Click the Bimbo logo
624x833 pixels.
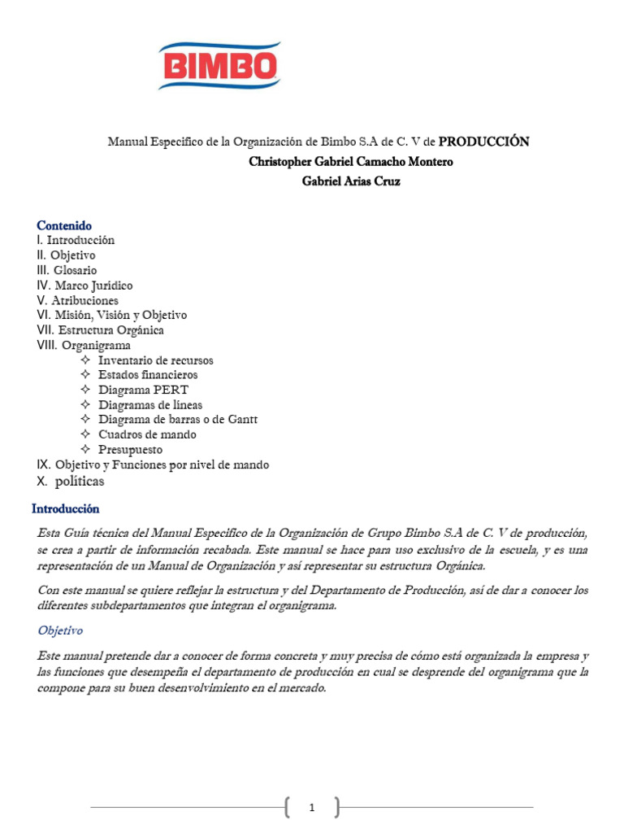(x=219, y=65)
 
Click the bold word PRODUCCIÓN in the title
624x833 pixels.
(x=483, y=142)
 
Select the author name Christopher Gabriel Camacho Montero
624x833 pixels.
(x=351, y=162)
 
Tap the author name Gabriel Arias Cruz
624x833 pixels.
(x=351, y=181)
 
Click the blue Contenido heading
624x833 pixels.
(x=64, y=225)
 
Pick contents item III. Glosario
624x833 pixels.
(x=67, y=270)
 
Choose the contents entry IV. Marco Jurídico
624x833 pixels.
(x=84, y=286)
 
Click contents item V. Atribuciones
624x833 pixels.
(x=77, y=300)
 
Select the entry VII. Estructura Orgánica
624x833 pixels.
(x=100, y=330)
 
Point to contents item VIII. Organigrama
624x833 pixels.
(x=84, y=345)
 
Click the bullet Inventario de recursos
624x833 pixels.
(x=155, y=360)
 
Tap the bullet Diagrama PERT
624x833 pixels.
(x=143, y=390)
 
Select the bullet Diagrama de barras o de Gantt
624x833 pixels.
(x=177, y=420)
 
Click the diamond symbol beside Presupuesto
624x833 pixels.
(x=86, y=450)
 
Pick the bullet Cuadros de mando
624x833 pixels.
(x=147, y=434)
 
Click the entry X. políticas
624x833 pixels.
(x=71, y=482)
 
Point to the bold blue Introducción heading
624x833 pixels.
(x=65, y=509)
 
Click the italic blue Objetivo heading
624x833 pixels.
(x=60, y=630)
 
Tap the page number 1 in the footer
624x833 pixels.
(x=313, y=808)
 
